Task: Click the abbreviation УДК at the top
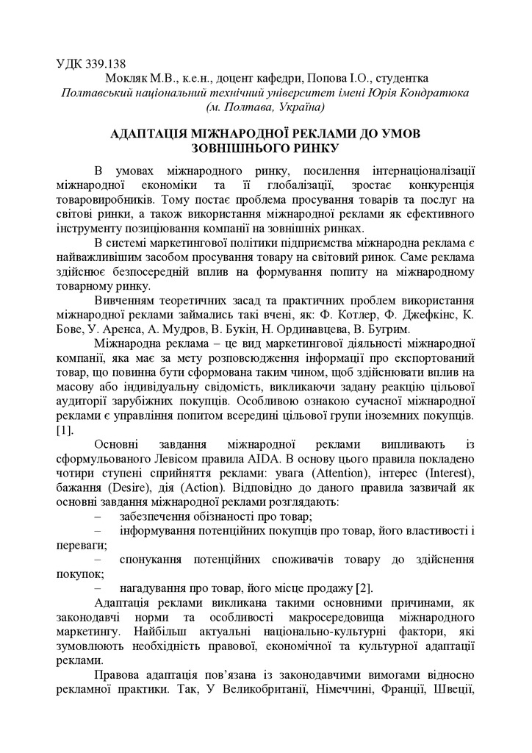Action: pyautogui.click(x=71, y=64)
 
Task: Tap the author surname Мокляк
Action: pyautogui.click(x=127, y=79)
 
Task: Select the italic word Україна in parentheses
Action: pyautogui.click(x=298, y=108)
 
